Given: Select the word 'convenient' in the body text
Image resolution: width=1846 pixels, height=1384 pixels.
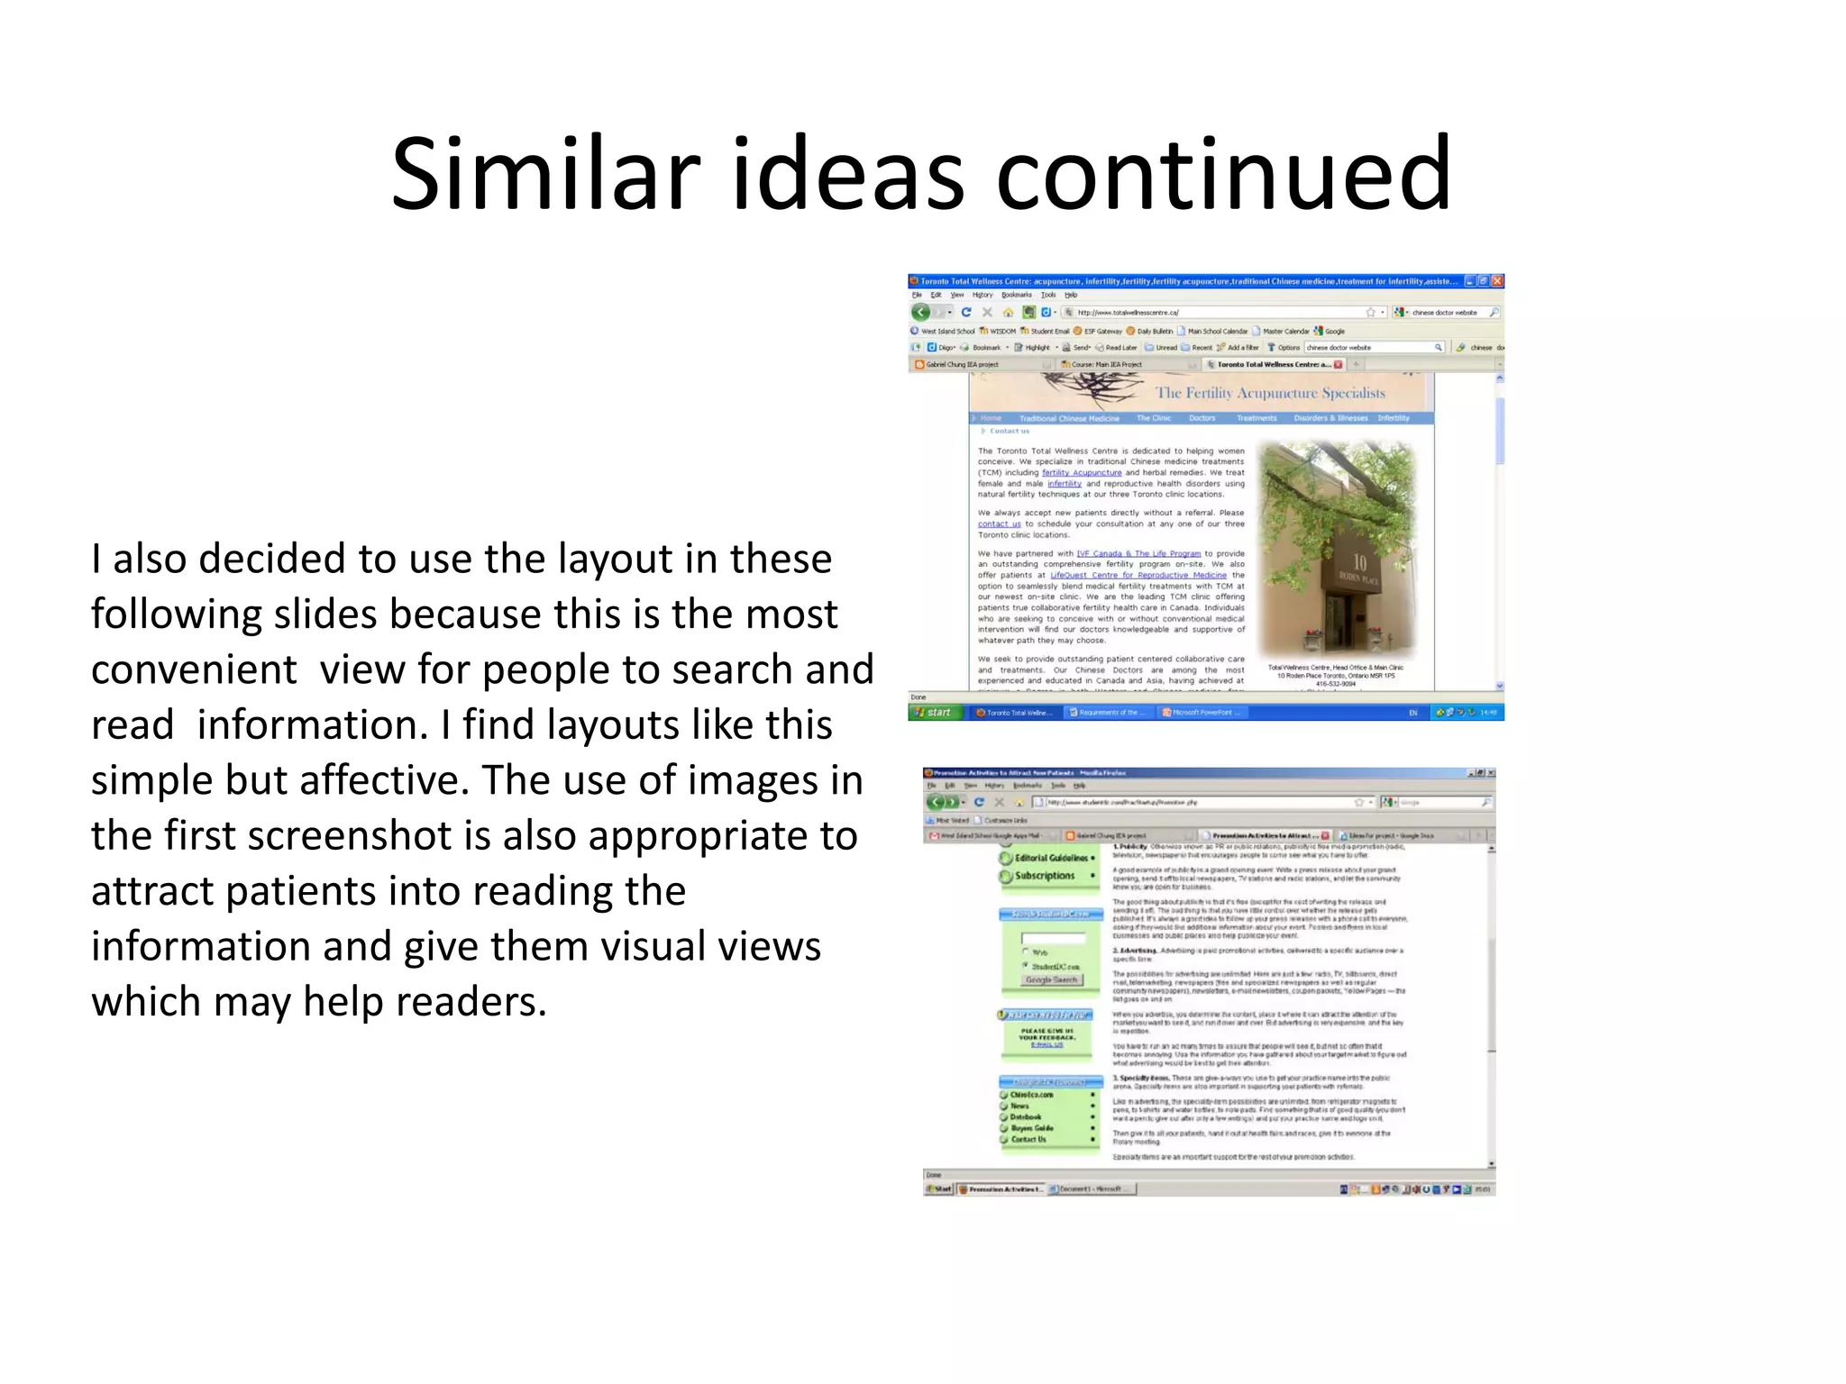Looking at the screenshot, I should pos(194,669).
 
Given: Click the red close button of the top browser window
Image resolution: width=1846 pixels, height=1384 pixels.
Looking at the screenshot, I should pos(1497,281).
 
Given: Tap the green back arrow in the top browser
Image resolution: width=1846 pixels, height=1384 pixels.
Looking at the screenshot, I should pos(920,312).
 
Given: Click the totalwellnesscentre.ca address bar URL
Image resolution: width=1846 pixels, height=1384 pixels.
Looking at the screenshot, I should pos(1128,313).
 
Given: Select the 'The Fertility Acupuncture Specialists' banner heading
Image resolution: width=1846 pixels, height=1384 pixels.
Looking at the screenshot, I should pos(1270,393).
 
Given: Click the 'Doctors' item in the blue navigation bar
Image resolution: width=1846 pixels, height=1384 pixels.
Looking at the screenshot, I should pos(1202,418).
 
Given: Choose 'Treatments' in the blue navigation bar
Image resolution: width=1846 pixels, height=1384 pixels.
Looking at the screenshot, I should pos(1257,418).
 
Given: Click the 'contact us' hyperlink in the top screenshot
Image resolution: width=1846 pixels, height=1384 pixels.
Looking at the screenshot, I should pos(999,524).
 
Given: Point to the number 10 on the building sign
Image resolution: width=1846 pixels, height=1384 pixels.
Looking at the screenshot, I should pos(1359,561).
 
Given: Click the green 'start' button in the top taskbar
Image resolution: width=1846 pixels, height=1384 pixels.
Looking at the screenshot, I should pos(934,713).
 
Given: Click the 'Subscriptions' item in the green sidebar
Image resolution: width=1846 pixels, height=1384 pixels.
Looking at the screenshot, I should pos(1045,876).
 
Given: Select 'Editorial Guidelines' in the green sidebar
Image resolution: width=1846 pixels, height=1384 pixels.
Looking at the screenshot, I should pos(1050,858).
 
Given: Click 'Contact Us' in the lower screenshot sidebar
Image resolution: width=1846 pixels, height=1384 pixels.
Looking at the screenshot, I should pos(1028,1140).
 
